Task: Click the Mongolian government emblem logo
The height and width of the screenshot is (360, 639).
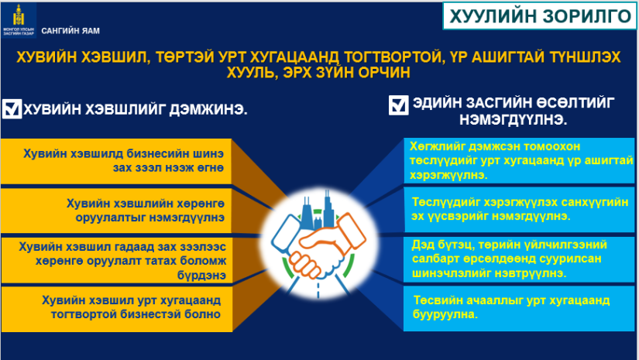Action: click(x=19, y=20)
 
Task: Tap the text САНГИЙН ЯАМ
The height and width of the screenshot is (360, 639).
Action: click(x=70, y=31)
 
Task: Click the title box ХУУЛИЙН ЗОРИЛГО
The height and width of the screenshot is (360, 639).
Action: click(x=540, y=16)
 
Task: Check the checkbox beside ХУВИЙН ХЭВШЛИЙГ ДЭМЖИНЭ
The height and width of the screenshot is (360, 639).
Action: click(x=12, y=108)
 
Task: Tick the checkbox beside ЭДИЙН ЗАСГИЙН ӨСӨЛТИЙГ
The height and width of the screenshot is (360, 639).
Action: click(x=398, y=105)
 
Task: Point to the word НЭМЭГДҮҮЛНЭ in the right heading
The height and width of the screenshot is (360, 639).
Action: click(x=513, y=120)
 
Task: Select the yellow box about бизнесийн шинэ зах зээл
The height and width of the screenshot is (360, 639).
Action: click(x=116, y=161)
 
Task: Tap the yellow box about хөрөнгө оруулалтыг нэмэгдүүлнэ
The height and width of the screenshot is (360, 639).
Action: click(x=116, y=210)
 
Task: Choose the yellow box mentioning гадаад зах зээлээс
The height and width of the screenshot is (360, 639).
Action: click(x=117, y=260)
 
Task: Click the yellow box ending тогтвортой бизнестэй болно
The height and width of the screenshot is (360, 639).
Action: click(x=117, y=309)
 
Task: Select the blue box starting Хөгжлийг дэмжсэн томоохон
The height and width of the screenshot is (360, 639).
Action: click(x=519, y=160)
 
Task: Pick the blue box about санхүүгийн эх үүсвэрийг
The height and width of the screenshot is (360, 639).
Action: click(x=519, y=209)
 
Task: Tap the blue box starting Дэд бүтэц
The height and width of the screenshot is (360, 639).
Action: click(x=519, y=259)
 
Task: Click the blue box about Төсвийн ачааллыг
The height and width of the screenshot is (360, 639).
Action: click(x=519, y=308)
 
